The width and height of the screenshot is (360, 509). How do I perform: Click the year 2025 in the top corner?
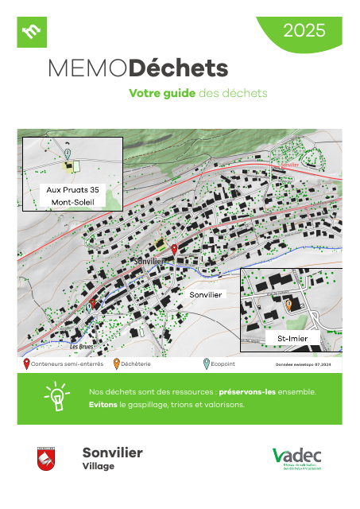point(304,31)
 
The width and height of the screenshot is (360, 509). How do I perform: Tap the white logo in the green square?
point(33,32)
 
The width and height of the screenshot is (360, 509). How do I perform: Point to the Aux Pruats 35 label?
point(72,190)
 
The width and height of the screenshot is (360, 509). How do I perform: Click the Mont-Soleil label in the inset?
point(72,203)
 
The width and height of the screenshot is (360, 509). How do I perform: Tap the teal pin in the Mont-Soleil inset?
point(68,152)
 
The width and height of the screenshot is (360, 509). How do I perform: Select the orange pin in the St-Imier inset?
point(288,305)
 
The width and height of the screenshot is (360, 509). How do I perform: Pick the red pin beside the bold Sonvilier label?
point(174,250)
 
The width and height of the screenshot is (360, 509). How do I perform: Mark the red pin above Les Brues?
point(92,304)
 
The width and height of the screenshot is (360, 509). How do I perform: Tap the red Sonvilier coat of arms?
point(45,459)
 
